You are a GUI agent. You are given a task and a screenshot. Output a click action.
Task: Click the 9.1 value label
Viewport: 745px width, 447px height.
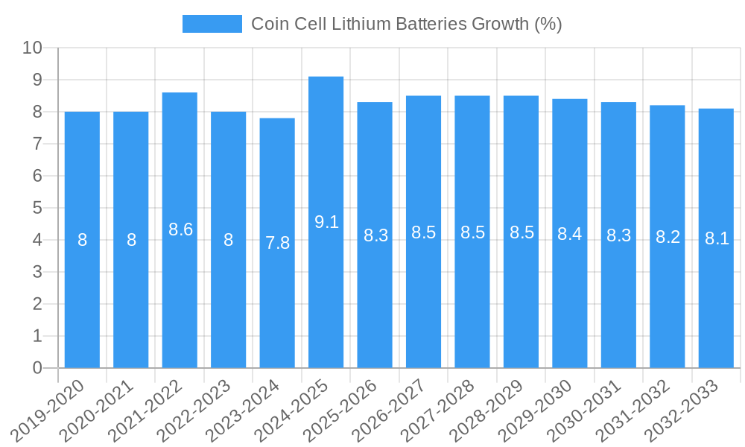pos(326,222)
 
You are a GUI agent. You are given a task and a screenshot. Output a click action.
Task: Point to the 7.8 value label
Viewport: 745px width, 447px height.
pos(277,242)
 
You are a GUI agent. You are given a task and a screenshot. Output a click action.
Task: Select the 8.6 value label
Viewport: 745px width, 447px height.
pos(180,229)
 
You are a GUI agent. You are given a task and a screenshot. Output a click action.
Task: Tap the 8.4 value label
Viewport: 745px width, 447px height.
pos(570,234)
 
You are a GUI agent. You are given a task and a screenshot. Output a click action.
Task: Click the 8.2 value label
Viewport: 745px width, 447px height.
pos(668,237)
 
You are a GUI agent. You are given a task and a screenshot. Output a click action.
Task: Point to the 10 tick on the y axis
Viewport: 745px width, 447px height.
pos(33,48)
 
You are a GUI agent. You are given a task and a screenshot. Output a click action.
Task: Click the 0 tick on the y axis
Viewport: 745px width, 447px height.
pos(37,368)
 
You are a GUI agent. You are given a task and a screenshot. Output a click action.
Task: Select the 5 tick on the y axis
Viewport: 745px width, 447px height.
pos(37,208)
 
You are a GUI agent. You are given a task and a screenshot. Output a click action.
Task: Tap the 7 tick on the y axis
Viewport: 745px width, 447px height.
pos(37,144)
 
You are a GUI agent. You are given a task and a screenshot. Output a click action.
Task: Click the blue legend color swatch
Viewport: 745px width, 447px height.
pos(212,24)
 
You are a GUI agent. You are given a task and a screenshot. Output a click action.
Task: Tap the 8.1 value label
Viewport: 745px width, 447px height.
pos(717,238)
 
